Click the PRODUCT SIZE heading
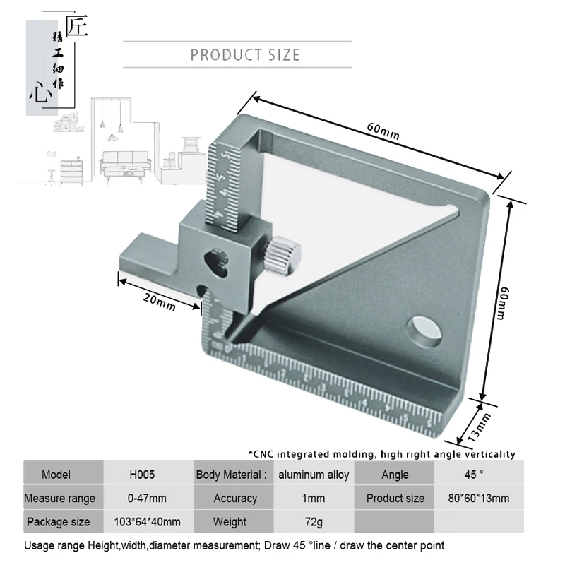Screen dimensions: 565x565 pyautogui.click(x=245, y=55)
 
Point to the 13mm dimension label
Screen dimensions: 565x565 pyautogui.click(x=480, y=424)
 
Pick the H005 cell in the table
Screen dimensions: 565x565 pyautogui.click(x=142, y=475)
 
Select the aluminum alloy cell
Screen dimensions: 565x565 pyautogui.click(x=314, y=475)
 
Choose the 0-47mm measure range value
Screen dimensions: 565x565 pyautogui.click(x=147, y=498)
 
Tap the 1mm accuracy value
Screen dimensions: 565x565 pyautogui.click(x=314, y=498)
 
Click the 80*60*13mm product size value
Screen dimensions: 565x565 pyautogui.click(x=477, y=498)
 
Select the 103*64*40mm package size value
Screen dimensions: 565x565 pyautogui.click(x=147, y=522)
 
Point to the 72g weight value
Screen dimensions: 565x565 pyautogui.click(x=314, y=522)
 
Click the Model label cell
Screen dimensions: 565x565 pyautogui.click(x=56, y=475)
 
